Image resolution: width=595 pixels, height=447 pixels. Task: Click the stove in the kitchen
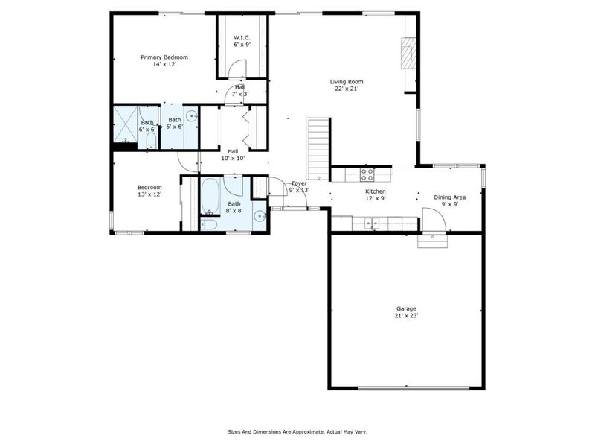point(367,174)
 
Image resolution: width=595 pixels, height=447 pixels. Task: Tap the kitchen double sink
point(372,221)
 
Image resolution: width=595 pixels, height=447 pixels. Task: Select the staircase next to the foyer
point(318,148)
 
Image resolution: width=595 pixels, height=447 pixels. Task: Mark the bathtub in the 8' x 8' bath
point(210,195)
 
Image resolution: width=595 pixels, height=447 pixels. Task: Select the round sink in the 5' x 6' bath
point(191,115)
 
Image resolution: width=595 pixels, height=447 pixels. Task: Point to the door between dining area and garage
point(434,221)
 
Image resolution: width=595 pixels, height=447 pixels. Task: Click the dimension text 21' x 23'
point(406,316)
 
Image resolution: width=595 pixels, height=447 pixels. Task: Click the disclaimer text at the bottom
point(297,431)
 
